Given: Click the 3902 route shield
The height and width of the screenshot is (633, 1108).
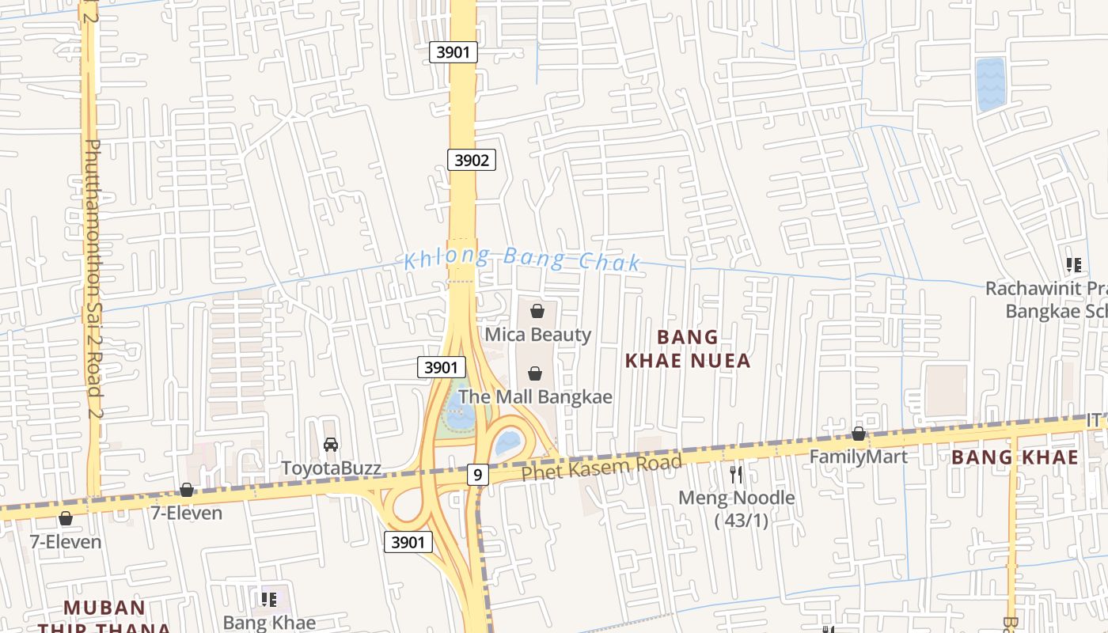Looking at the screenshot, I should click(x=471, y=160).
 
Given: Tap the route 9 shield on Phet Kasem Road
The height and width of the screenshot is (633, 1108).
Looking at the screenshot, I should click(x=476, y=475).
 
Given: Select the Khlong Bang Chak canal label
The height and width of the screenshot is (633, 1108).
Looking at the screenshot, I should click(x=522, y=260).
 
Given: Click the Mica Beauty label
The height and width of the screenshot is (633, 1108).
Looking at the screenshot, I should click(x=537, y=335).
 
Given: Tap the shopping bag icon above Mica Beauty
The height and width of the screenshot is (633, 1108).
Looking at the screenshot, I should click(x=537, y=311).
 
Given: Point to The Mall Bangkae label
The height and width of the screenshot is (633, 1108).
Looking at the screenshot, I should click(x=535, y=396).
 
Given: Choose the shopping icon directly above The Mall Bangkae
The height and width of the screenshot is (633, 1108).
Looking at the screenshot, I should click(x=535, y=373).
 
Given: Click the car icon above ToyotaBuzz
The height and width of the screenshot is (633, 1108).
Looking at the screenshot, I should click(x=331, y=445).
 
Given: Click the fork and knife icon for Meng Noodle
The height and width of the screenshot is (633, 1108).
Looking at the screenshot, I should click(x=736, y=475).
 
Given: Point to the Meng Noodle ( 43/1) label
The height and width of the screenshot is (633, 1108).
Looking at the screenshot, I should click(x=737, y=509).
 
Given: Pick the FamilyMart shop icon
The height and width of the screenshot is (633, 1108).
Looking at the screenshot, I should click(x=858, y=434).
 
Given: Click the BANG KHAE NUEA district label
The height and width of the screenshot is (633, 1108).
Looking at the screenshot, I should click(x=688, y=349).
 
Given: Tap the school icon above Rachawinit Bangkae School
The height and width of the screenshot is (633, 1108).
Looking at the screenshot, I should click(x=1073, y=265).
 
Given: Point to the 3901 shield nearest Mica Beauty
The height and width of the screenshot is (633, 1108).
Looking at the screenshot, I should click(x=441, y=367).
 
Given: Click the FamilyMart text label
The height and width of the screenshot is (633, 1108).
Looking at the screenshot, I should click(x=858, y=457).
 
